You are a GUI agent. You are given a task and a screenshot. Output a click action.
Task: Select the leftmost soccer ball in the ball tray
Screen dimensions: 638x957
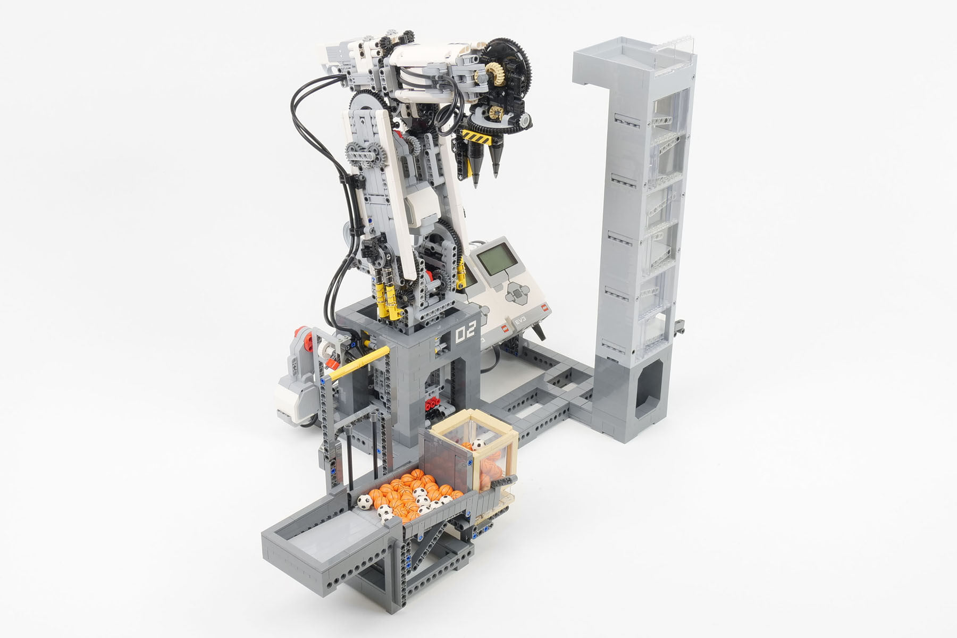point(365,501)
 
